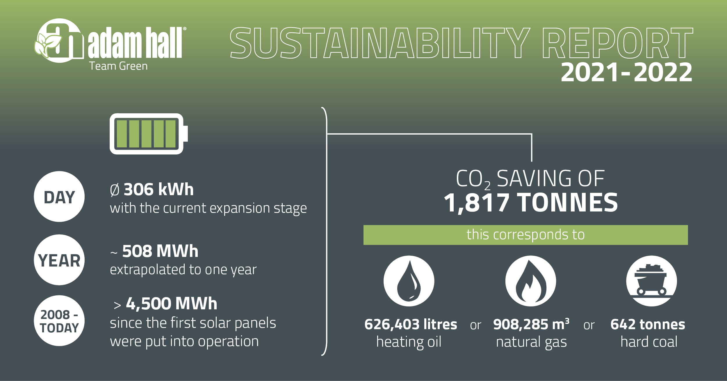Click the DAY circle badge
tap(59, 197)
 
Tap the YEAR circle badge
tap(59, 260)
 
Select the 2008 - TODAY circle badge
tap(59, 321)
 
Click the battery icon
tap(148, 134)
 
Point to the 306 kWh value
tap(158, 189)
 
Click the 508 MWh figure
tap(160, 251)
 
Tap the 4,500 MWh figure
tap(172, 304)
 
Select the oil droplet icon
tap(409, 281)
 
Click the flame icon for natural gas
tap(531, 281)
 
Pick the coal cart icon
tap(651, 281)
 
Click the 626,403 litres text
tap(411, 324)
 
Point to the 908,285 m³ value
tap(531, 324)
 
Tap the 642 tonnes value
tap(648, 324)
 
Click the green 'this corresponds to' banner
tap(525, 235)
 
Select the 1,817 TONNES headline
tap(531, 203)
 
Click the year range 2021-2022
tap(626, 72)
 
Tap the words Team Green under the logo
tap(118, 66)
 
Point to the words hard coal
tap(649, 342)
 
